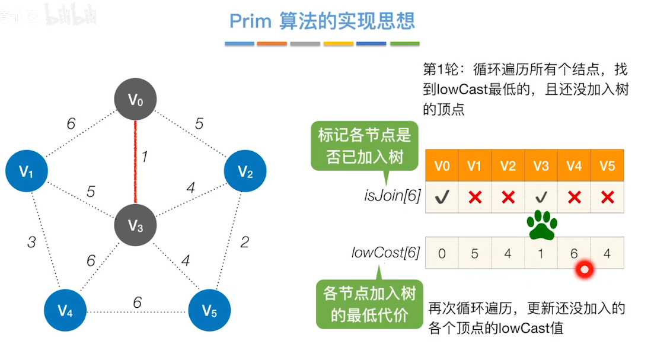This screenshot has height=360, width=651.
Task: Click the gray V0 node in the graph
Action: tap(136, 100)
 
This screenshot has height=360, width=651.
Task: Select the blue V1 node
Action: tap(27, 171)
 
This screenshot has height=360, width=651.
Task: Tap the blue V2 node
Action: tap(245, 171)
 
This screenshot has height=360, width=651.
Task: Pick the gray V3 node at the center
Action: tap(136, 225)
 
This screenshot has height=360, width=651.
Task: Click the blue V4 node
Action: tap(66, 310)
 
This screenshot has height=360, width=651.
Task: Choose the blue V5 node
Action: tap(209, 310)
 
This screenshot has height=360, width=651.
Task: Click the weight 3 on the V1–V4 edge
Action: tap(31, 242)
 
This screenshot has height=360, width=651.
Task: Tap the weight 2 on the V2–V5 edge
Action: tap(244, 241)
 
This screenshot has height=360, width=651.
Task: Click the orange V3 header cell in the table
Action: tap(541, 165)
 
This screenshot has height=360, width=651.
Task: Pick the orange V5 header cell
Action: tap(607, 165)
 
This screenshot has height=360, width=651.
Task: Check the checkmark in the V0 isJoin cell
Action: tap(442, 198)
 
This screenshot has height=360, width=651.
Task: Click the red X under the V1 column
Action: tap(474, 198)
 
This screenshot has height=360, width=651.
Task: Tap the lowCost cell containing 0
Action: tap(442, 253)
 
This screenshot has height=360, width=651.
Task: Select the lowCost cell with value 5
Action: tap(474, 253)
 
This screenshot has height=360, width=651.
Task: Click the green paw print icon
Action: tap(542, 224)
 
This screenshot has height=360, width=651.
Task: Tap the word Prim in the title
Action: tap(250, 21)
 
